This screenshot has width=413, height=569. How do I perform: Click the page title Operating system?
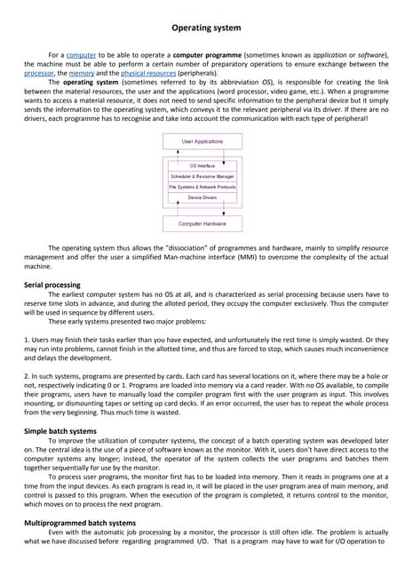206,28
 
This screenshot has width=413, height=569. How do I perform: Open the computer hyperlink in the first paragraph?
82,55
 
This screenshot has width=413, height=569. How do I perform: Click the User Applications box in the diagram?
203,141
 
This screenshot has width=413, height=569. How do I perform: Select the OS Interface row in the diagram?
203,166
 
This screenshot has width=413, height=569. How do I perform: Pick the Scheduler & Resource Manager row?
203,177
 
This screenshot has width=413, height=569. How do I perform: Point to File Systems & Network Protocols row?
203,187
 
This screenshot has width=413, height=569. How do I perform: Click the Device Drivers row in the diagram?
203,197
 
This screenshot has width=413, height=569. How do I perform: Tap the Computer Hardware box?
203,224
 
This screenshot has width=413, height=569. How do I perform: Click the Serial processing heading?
60,285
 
